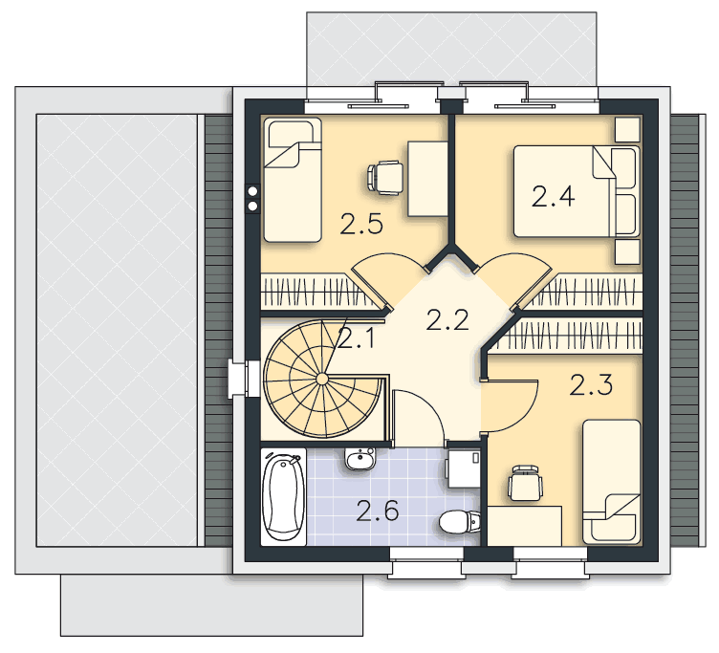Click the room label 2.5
click(x=361, y=225)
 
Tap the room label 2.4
click(x=553, y=197)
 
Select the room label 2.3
click(x=591, y=385)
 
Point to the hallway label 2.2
click(x=447, y=320)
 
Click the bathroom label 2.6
click(x=378, y=512)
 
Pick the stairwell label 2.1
click(x=356, y=338)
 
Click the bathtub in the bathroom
click(x=283, y=497)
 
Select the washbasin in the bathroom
click(x=360, y=459)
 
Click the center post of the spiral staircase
click(x=322, y=379)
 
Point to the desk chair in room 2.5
click(x=385, y=178)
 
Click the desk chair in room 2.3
click(x=526, y=484)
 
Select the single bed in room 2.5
click(x=293, y=180)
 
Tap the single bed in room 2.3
click(x=612, y=482)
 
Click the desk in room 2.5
click(x=427, y=179)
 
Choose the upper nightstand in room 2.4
click(x=627, y=129)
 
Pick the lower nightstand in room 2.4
click(x=627, y=251)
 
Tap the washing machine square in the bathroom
click(x=464, y=468)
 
